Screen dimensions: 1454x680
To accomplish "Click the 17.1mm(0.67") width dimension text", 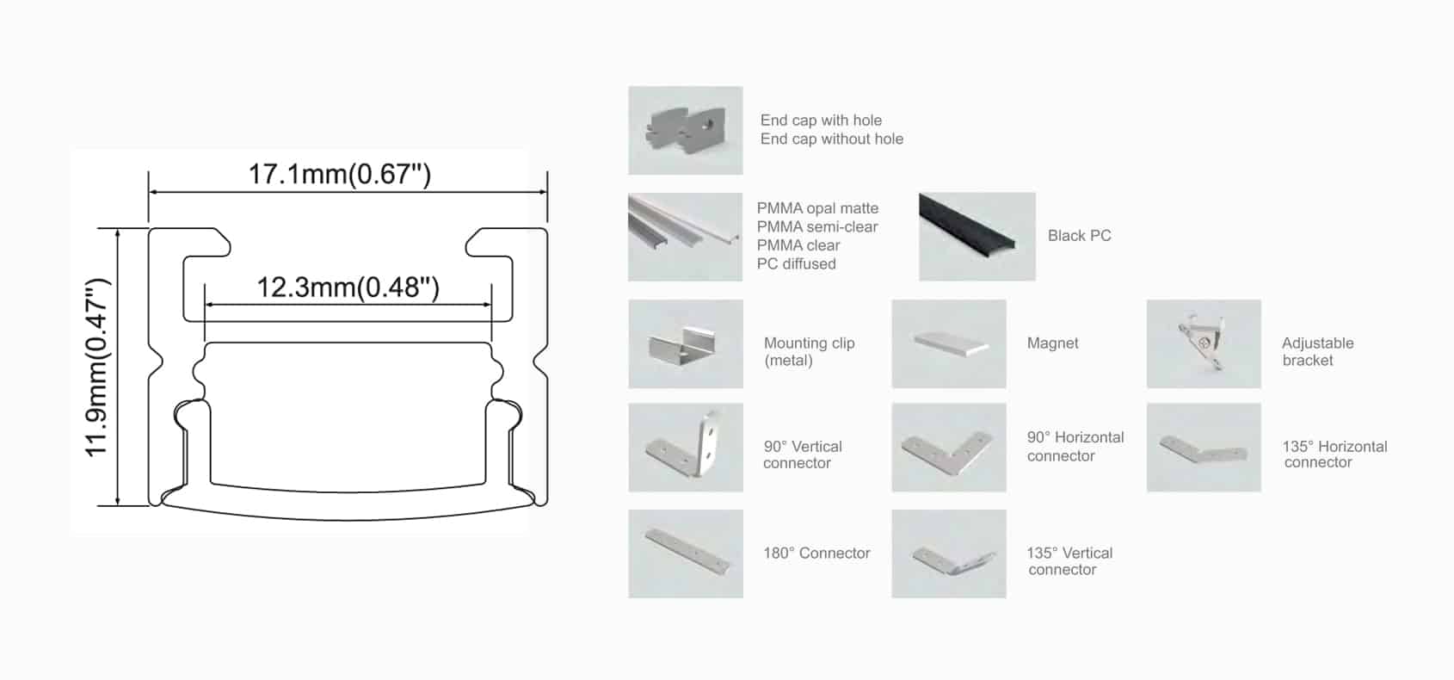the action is click(340, 174).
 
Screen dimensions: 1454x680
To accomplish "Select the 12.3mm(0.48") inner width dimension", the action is click(348, 287).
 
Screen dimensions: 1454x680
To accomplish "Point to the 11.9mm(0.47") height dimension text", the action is click(97, 368).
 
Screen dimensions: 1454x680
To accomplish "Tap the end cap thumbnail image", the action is click(686, 131).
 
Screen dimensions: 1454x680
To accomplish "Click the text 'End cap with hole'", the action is click(821, 121).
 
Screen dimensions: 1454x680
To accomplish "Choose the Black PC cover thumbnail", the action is click(977, 237).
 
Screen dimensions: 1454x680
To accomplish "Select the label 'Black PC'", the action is click(1080, 236).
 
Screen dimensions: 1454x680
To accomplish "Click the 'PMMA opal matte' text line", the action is click(818, 208).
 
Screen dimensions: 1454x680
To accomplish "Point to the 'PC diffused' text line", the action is click(797, 263).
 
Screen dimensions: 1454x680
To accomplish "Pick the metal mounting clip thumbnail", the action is click(686, 343).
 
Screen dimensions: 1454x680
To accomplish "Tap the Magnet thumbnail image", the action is click(949, 343).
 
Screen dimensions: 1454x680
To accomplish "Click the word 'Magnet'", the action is click(1053, 343).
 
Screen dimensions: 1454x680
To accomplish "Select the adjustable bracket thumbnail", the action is click(1204, 343).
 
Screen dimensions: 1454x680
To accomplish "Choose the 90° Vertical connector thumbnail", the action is click(686, 448).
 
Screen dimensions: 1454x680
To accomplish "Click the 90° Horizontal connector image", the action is click(949, 448).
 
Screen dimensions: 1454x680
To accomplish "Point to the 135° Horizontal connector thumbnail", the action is click(1204, 448).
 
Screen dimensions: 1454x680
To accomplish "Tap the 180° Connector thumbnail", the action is click(686, 554).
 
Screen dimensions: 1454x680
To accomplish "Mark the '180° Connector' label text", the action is click(816, 553).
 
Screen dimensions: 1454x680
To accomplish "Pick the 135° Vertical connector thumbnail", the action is click(949, 554).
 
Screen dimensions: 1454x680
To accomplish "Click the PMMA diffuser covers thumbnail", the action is click(686, 237).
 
